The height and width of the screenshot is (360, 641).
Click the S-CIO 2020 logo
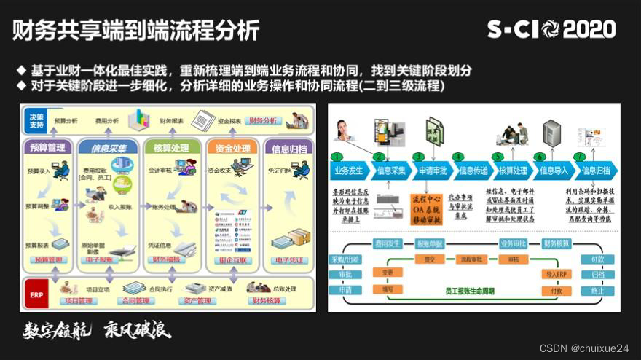(x=551, y=29)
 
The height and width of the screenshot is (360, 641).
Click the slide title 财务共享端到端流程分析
(x=135, y=30)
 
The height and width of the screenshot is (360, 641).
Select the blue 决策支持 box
(x=36, y=121)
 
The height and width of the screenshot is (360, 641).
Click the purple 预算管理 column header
(x=48, y=148)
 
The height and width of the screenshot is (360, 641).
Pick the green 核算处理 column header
(x=171, y=148)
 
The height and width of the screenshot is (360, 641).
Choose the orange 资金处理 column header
(x=232, y=149)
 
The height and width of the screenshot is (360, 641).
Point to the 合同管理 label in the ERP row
(x=136, y=300)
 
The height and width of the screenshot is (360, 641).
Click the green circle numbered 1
(x=336, y=157)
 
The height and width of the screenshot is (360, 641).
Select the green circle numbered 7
(x=580, y=157)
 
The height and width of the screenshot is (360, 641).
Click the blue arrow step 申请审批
(x=431, y=171)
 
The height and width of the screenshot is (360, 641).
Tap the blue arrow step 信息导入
(x=555, y=171)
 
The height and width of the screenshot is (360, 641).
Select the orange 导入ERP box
(x=556, y=274)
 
